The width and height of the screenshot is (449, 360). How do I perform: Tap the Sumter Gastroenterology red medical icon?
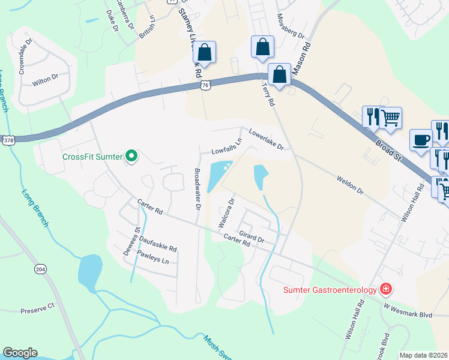(x=385, y=290)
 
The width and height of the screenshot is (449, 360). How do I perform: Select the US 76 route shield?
(x=206, y=86)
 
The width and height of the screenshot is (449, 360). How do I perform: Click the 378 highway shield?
(x=8, y=140)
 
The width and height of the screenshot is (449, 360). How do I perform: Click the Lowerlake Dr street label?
(x=266, y=140)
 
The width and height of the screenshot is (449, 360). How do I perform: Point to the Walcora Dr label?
(x=226, y=212)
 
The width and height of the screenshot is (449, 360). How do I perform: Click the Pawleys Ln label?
(x=152, y=259)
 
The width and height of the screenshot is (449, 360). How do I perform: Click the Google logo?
(x=20, y=353)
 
